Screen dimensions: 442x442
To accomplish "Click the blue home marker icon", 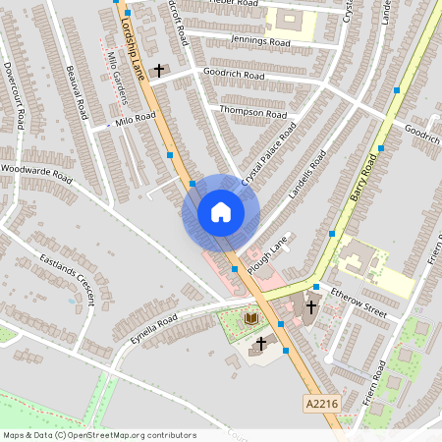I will [221, 212].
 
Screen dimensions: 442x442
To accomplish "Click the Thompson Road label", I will [253, 111].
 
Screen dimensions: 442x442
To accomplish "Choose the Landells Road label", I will [304, 176].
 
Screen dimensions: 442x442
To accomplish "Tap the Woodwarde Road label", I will [37, 173].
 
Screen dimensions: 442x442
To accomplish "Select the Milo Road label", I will [136, 118].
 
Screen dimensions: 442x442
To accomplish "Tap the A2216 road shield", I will [322, 402].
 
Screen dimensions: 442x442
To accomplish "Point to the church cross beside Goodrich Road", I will [158, 71].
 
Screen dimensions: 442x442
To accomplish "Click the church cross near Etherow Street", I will [310, 305].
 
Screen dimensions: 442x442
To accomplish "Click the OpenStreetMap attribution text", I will [98, 435].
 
